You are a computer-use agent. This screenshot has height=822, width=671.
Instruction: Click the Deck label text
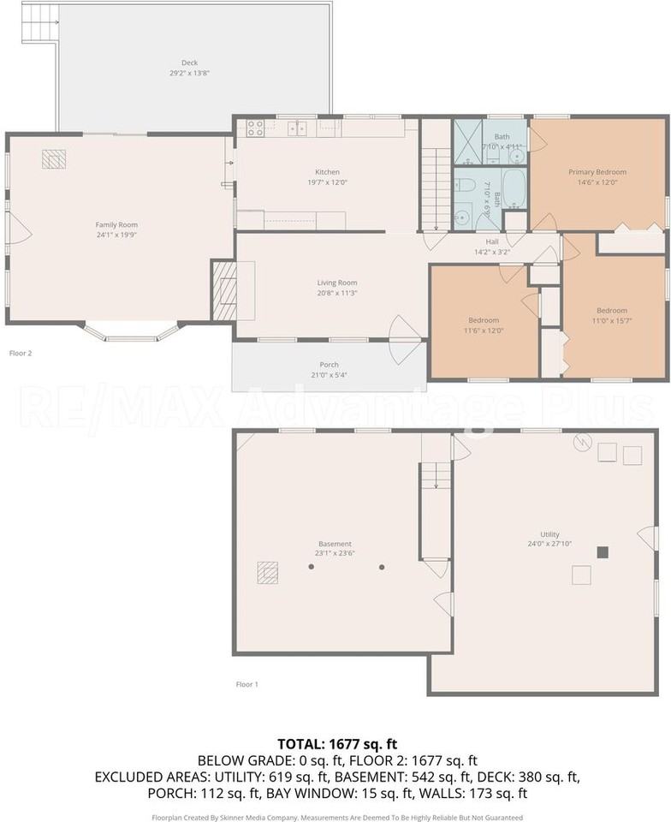189,63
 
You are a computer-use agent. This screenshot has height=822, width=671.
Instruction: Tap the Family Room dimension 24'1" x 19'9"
116,235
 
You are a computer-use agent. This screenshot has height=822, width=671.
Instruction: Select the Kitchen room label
327,172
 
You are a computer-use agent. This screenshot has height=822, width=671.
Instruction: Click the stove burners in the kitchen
255,128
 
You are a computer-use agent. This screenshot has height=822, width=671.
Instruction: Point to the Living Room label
337,283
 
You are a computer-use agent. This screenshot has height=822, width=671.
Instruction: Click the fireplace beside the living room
223,291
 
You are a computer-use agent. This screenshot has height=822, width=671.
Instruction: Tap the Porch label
330,365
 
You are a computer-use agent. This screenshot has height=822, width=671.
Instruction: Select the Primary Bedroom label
597,172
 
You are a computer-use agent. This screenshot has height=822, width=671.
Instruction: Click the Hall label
492,241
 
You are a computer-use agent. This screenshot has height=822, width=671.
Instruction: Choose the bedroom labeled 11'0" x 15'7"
612,311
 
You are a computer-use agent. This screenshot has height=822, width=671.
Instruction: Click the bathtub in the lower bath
515,188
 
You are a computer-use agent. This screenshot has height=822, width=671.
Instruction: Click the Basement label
335,544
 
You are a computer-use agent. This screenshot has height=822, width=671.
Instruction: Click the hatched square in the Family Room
54,158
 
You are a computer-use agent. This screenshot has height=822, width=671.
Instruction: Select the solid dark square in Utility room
603,552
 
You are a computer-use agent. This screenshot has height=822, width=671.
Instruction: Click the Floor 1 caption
246,684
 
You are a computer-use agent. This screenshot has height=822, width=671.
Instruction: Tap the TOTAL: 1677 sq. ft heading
337,743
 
